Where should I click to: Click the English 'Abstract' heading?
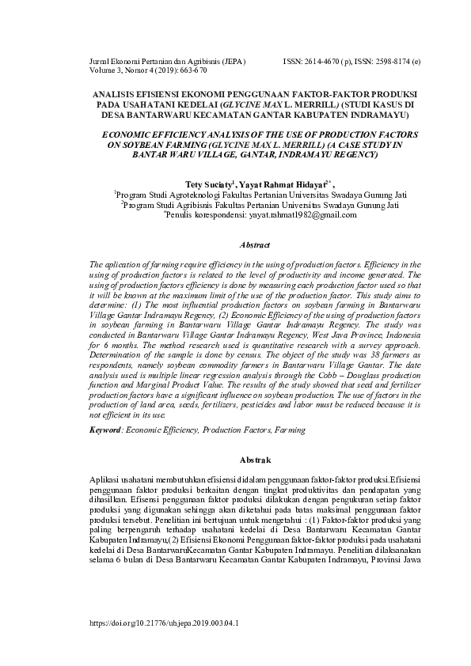point(256,246)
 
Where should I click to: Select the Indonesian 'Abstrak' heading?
point(256,460)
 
